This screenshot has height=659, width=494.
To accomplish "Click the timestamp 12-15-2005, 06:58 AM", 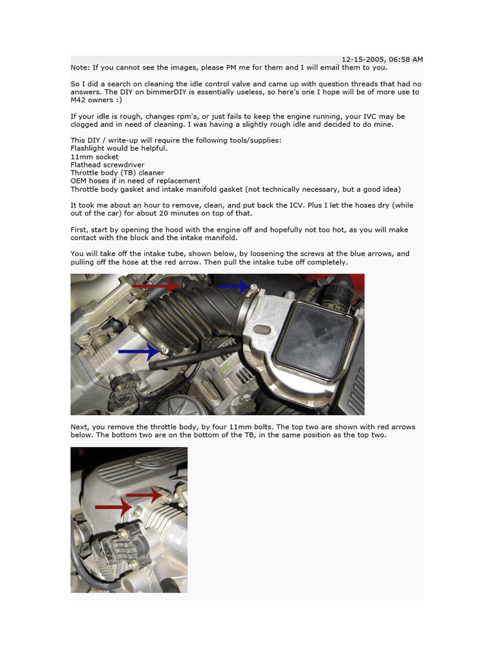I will tap(381, 59).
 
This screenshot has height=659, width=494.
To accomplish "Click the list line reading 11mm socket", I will tap(94, 156).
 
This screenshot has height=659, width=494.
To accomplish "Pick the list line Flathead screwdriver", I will tap(107, 165).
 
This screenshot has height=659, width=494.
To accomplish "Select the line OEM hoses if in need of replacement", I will tap(135, 181).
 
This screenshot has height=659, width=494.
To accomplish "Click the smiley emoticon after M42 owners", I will tap(117, 100).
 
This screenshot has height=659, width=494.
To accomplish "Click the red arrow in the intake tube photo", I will tap(155, 285).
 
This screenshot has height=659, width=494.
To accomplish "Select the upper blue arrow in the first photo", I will tap(232, 286).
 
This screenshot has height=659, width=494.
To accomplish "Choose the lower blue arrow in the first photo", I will tap(138, 351).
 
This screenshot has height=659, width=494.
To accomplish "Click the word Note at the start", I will tap(80, 67).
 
